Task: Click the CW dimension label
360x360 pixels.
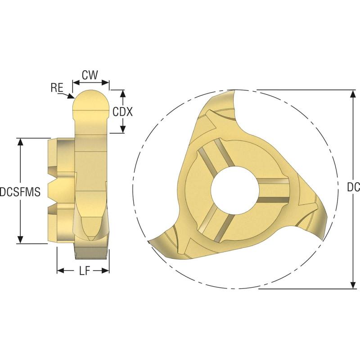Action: click(x=90, y=75)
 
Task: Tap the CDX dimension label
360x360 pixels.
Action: click(x=123, y=112)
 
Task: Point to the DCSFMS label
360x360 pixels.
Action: click(x=20, y=192)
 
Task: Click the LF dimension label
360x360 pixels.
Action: click(x=83, y=270)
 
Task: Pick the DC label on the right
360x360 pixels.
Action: click(x=353, y=188)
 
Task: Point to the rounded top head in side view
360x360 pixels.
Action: click(x=91, y=101)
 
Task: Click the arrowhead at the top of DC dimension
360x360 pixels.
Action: click(x=352, y=93)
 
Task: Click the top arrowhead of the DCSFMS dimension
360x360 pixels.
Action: click(x=20, y=141)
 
